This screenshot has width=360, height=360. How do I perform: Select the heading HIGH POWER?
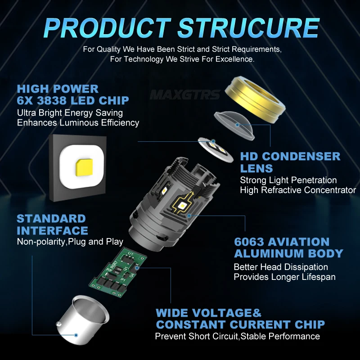pos(58,89)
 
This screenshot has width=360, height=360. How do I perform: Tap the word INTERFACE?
pos(52,230)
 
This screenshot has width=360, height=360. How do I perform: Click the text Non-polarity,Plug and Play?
pos(70,242)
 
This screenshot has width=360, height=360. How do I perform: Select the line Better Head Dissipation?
pos(281,267)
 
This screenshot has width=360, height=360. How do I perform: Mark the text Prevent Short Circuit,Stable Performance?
pos(237,336)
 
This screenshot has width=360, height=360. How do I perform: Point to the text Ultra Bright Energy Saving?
pos(70,112)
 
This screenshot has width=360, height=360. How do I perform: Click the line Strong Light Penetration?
pos(288,180)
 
